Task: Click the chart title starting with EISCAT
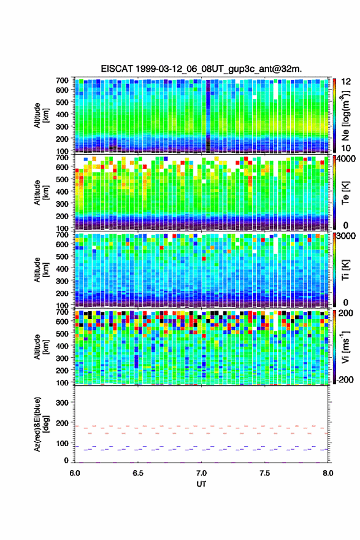(x=201, y=69)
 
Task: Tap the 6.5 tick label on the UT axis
(x=137, y=473)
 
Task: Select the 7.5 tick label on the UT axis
(x=264, y=473)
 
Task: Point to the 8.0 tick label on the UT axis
(x=327, y=473)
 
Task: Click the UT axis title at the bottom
(x=201, y=484)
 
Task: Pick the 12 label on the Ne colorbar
(x=346, y=82)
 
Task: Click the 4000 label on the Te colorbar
(x=347, y=160)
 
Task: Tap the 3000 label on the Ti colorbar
(x=347, y=236)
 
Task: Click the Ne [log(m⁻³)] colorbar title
(x=345, y=115)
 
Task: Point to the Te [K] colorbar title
(x=345, y=193)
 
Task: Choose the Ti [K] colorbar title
(x=345, y=269)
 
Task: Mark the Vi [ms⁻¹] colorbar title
(x=345, y=347)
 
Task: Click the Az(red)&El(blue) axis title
(x=40, y=424)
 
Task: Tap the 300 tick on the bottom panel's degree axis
(x=62, y=403)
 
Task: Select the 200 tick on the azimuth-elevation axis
(x=62, y=423)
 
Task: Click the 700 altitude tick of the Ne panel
(x=62, y=80)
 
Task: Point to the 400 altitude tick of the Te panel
(x=62, y=191)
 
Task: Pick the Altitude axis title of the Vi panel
(x=40, y=347)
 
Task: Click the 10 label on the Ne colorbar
(x=346, y=148)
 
